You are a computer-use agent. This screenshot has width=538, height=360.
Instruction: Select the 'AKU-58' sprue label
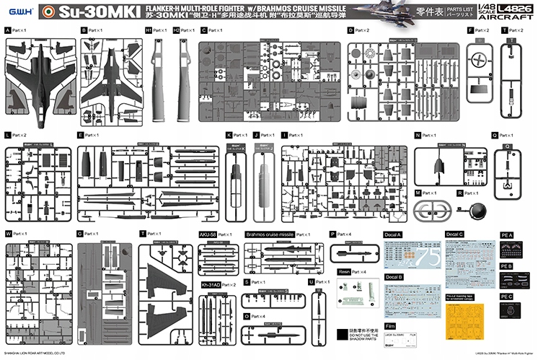pyautogui.click(x=207, y=234)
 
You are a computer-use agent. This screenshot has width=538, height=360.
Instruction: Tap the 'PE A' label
pyautogui.click(x=506, y=234)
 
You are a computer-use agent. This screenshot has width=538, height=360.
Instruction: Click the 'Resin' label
pyautogui.click(x=344, y=271)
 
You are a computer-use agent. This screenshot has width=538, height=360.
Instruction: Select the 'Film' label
pyautogui.click(x=390, y=325)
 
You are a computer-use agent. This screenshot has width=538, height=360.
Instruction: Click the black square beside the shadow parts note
pyautogui.click(x=341, y=335)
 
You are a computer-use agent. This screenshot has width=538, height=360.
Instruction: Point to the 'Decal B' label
pyautogui.click(x=394, y=277)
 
